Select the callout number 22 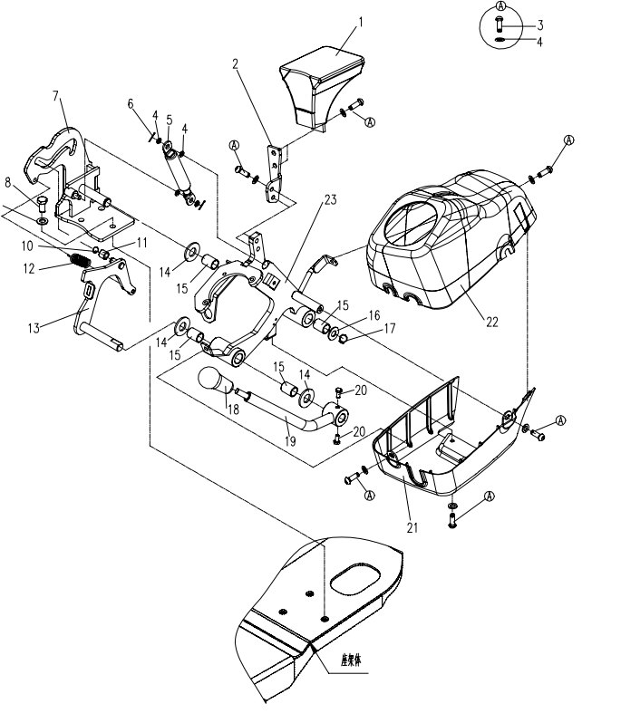(491, 322)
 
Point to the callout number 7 (55, 95)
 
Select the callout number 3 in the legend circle (540, 25)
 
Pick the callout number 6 (131, 104)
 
